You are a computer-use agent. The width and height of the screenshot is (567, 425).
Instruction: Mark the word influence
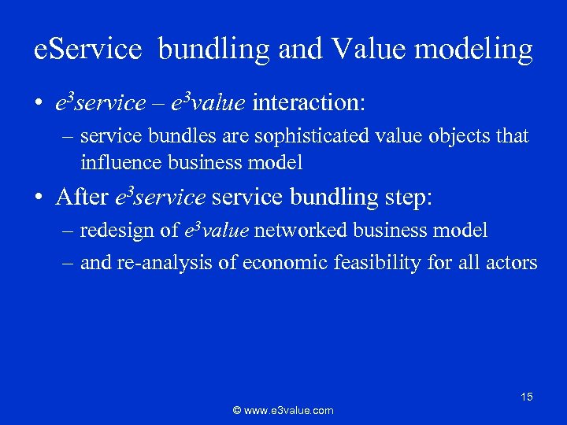(115, 163)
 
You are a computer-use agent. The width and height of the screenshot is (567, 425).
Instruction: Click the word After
(83, 197)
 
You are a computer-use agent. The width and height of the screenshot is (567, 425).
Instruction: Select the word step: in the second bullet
(409, 197)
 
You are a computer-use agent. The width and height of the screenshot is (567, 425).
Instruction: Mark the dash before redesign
(69, 231)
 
